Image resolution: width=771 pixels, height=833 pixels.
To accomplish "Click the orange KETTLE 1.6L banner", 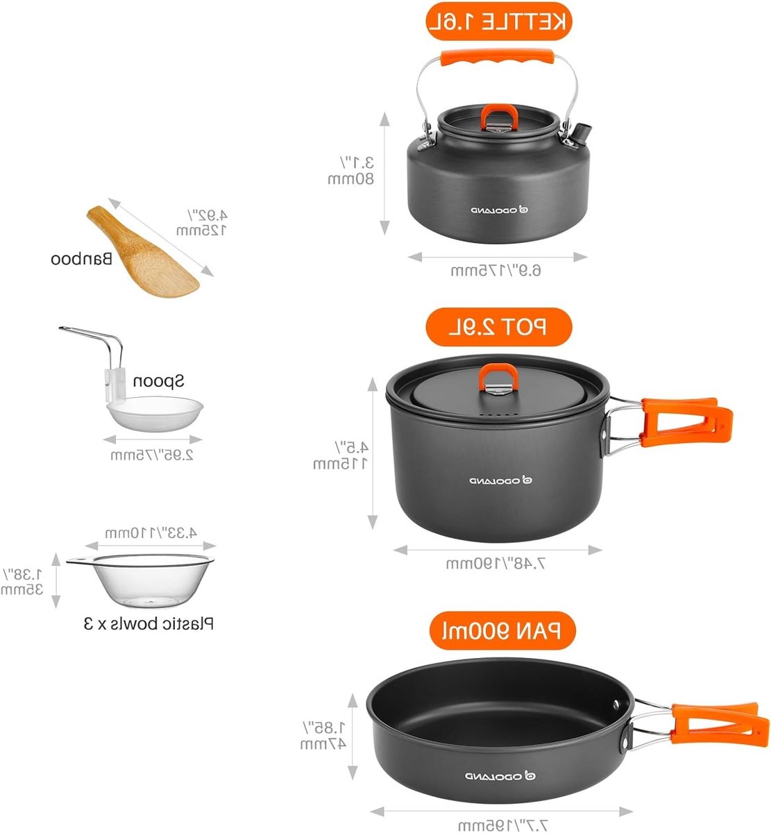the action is pos(499,21).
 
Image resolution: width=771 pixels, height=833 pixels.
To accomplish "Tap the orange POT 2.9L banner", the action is pos(499,327).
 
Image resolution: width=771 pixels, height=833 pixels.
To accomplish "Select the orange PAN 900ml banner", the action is pos(502,630).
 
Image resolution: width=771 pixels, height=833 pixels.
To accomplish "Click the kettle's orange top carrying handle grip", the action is pos(497,58).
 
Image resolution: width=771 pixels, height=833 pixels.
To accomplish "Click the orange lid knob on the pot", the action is pos(498,376).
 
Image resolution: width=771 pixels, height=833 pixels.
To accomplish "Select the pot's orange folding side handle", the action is pos(686,422).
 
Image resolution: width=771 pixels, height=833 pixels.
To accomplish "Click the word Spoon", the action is pos(158,381).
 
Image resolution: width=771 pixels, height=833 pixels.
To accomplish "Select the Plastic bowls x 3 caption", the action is pos(149,623).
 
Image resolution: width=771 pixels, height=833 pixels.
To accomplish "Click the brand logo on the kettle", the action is pos(500,210).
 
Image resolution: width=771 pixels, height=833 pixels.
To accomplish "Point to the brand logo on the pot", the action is pos(501,480).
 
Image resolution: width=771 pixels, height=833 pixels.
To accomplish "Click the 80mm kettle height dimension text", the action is pos(350,179).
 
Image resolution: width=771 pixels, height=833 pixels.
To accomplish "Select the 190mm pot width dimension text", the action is pos(495,563).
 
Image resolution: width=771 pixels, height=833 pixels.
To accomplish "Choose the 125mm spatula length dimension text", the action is pos(201,230).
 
